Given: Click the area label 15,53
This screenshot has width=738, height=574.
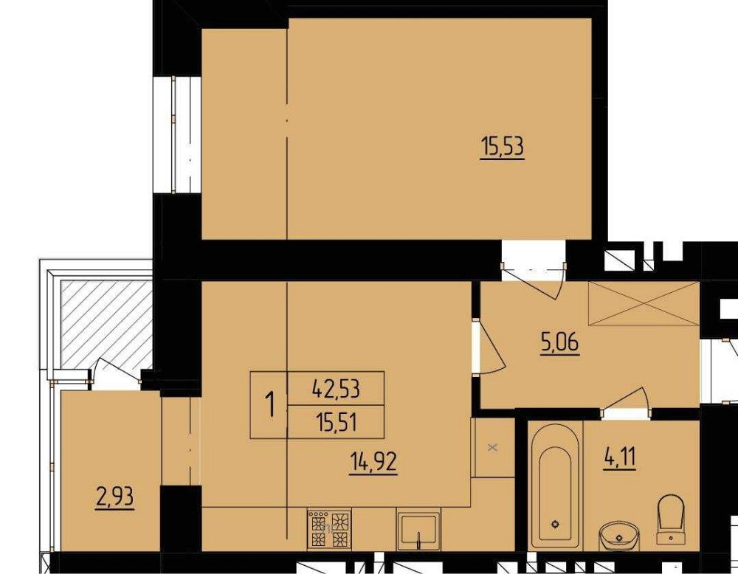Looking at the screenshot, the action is tap(502, 147).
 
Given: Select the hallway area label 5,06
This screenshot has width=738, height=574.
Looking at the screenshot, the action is tap(560, 342).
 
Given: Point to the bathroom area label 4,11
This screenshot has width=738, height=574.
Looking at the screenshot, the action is tap(619, 457).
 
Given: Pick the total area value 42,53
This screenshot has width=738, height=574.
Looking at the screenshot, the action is tap(336, 389).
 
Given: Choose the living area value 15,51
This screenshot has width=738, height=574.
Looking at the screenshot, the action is tap(337, 422).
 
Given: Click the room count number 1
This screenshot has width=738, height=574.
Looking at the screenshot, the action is tap(270, 405).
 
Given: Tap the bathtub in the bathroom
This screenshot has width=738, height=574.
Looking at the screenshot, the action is tap(556, 486).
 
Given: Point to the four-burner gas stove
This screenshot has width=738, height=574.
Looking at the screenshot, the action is tap(329, 529).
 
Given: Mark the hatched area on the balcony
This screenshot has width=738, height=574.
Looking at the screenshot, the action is tap(106, 325).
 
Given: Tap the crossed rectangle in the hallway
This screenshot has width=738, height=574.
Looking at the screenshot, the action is tap(644, 303).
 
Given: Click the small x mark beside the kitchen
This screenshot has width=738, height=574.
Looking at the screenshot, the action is tap(492, 447).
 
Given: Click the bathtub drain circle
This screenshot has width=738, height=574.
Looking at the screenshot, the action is tap(556, 524).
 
